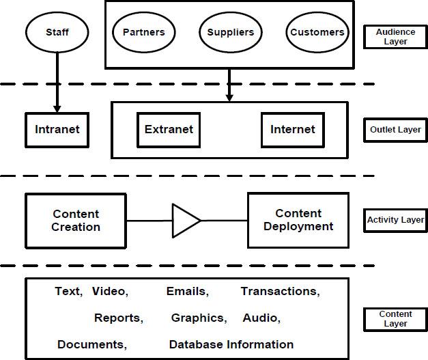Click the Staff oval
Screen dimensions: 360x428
click(57, 32)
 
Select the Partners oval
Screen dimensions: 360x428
click(143, 32)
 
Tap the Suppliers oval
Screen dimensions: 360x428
click(231, 32)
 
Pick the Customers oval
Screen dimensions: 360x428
click(317, 32)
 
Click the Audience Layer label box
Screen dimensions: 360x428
click(392, 36)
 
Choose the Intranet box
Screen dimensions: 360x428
click(57, 129)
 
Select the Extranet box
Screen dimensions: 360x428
click(169, 129)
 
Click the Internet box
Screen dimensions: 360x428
click(292, 129)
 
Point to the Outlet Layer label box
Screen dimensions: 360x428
click(395, 129)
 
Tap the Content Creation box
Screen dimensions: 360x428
click(76, 221)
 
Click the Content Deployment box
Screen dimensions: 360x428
click(298, 220)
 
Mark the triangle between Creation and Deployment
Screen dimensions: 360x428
click(184, 221)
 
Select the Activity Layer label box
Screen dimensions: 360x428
click(396, 220)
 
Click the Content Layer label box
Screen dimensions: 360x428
click(395, 319)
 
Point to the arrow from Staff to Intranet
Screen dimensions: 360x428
click(57, 82)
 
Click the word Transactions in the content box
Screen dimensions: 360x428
click(280, 292)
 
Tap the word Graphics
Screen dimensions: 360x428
click(199, 318)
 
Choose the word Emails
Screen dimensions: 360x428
click(187, 292)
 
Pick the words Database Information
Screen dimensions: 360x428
click(231, 344)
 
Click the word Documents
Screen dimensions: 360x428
click(91, 344)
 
